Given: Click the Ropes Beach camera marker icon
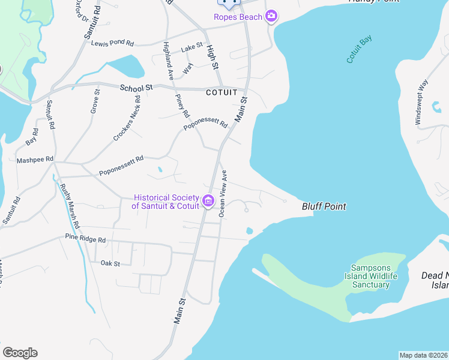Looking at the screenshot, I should click(x=271, y=16).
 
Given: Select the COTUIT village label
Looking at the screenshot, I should click(x=222, y=92).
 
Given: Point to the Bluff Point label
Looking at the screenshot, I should click(x=324, y=206).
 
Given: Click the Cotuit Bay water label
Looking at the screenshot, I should click(x=359, y=49).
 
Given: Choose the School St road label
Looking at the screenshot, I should click(x=136, y=88).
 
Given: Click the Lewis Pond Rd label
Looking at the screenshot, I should click(x=112, y=43).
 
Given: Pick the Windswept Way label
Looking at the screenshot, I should click(x=421, y=102).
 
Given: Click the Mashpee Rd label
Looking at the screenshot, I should click(x=35, y=160).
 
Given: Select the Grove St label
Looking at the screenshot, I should click(x=95, y=101).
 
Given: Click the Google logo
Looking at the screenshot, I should click(x=20, y=353).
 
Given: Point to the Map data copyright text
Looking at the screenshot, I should click(x=423, y=355).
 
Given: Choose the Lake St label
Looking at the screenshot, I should click(x=193, y=46).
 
